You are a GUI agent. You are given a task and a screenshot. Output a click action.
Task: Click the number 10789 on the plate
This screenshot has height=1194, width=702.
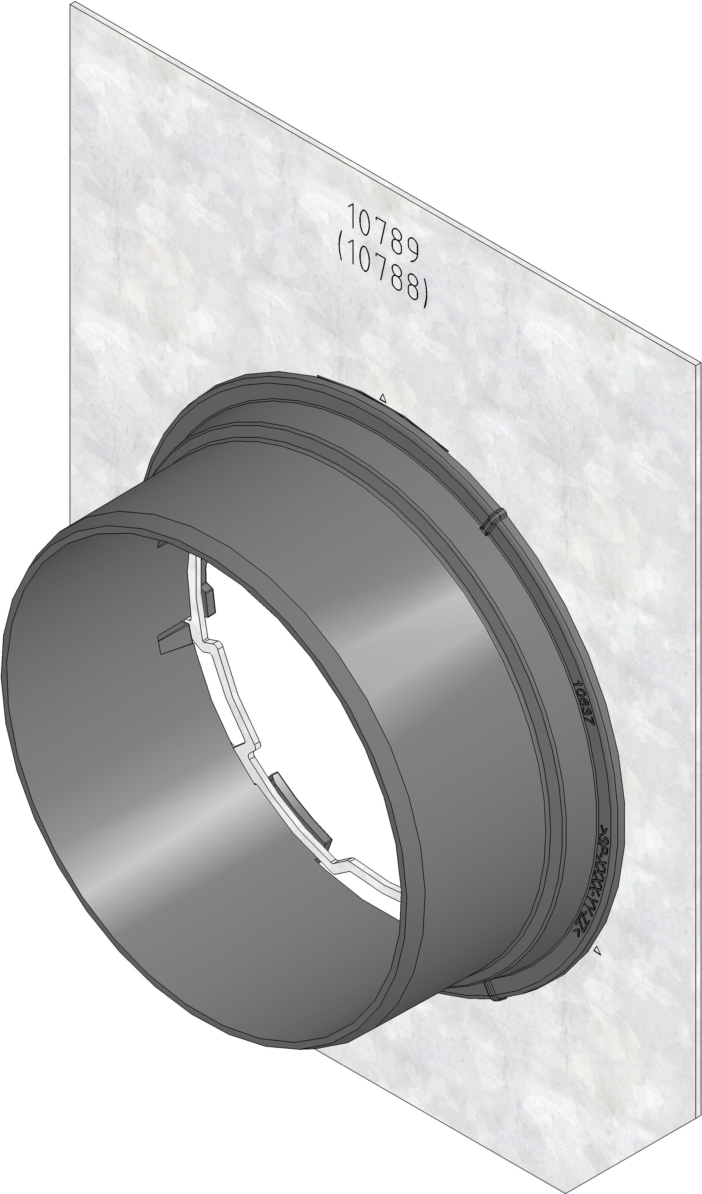[x=383, y=232]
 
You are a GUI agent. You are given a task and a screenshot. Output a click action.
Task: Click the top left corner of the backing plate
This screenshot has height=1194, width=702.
[x=72, y=4]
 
